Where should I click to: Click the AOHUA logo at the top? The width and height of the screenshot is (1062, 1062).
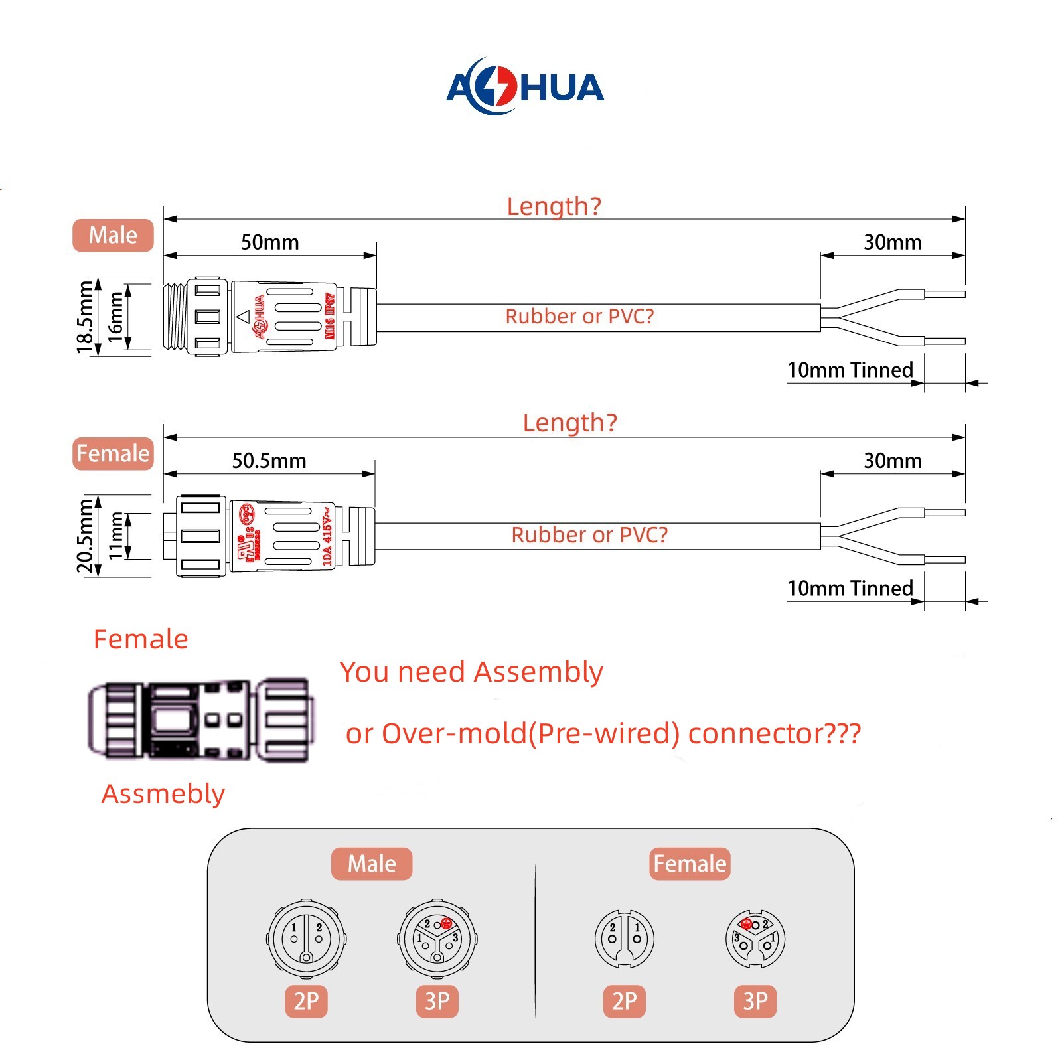525,87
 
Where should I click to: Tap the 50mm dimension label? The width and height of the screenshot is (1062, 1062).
269,242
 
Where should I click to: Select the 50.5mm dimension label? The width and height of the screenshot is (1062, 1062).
269,461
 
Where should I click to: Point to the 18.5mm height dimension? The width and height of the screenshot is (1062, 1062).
84,317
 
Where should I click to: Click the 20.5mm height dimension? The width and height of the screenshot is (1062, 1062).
84,536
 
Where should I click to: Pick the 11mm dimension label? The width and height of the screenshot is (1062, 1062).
115,536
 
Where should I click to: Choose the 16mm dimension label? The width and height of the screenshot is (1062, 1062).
115,317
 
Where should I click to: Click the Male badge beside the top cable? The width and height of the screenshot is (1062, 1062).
113,235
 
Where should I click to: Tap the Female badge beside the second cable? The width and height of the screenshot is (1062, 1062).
113,453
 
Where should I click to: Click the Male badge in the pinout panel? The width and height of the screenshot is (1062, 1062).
372,864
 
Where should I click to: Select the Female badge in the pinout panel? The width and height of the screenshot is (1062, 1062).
690,864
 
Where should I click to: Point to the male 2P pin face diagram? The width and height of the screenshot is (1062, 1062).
306,939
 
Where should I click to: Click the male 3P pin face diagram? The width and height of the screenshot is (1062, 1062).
437,939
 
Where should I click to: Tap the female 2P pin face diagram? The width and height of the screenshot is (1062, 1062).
624,939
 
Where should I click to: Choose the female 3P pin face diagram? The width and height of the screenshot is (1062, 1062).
755,939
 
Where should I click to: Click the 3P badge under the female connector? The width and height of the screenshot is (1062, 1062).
755,1001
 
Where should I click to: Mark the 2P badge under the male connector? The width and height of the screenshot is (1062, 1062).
306,1001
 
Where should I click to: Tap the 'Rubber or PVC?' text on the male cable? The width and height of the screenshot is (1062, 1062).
579,317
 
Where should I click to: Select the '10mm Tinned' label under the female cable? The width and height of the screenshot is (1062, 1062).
850,589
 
